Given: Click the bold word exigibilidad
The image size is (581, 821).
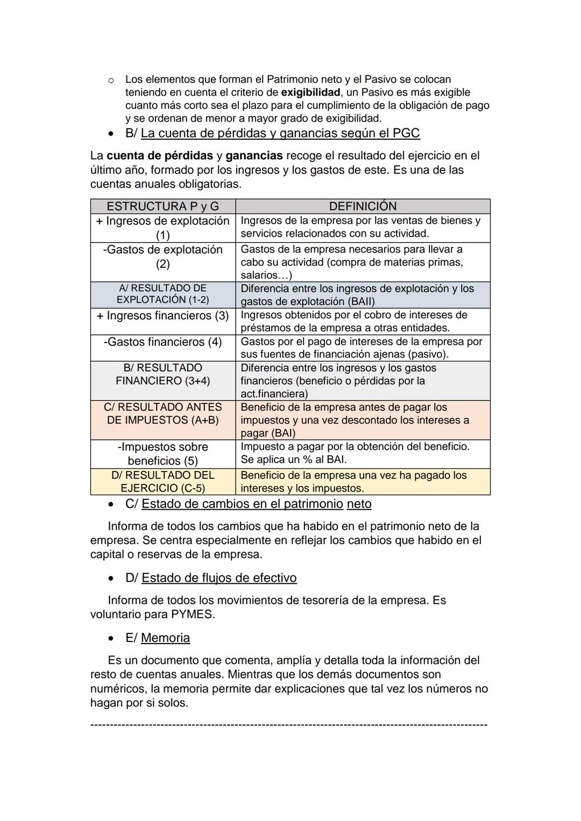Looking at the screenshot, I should coord(310,92).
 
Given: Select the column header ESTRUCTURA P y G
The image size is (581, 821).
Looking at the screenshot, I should coord(162,206).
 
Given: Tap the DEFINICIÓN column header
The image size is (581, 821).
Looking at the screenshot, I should coord(363,206).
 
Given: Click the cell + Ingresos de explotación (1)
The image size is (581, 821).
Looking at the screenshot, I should coord(162,228).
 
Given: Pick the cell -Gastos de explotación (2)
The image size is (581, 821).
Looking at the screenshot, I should coord(162,256).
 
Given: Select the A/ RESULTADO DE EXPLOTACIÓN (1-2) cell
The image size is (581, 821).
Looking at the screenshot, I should coord(162,294).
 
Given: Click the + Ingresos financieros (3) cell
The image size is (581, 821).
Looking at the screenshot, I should coord(162,316).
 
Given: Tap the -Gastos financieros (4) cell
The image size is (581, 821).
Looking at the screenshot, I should coord(162,342).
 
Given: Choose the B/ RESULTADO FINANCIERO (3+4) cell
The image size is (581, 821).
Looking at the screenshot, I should coord(162,374).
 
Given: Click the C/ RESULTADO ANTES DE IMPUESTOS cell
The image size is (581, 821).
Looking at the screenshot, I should coord(162,413).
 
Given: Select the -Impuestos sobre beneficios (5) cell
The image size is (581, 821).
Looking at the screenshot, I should coord(162,454).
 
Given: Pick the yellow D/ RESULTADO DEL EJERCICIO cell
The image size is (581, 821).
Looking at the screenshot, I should coord(162,482).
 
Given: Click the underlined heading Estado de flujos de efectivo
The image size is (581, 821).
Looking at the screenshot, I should coord(218,578).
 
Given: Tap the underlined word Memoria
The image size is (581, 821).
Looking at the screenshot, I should coord(165,638).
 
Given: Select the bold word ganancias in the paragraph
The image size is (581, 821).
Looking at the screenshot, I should coord(254,156).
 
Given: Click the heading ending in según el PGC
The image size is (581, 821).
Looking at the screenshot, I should coord(280,133).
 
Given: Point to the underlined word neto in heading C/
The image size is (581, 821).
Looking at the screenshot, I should coord(359,504).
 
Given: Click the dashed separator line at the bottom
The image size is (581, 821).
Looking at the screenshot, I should coord(289,725).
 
